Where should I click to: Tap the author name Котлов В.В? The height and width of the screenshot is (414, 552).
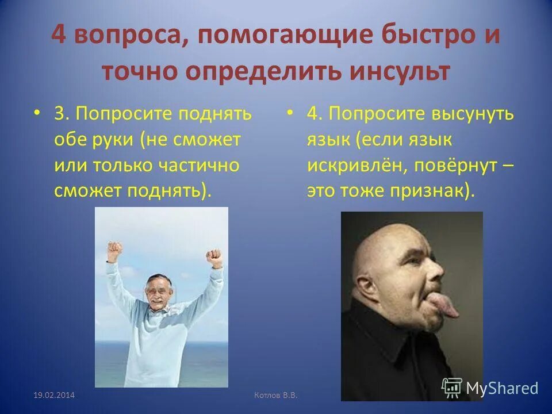[x=279, y=395]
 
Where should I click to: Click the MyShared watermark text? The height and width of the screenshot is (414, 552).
[x=502, y=388]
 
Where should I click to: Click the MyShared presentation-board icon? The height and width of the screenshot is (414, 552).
[x=452, y=388]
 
